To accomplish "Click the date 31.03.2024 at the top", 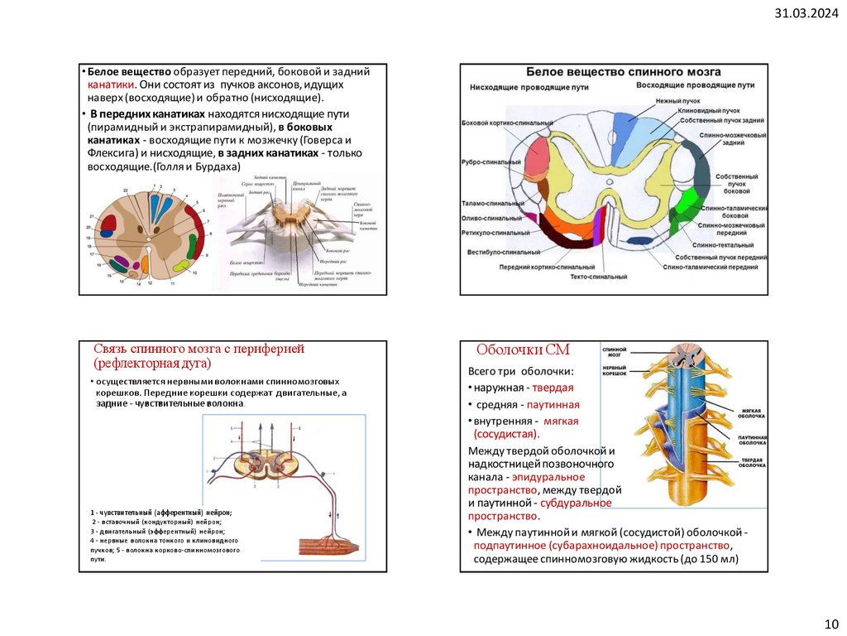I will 806,13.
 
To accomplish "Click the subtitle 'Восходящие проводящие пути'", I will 695,84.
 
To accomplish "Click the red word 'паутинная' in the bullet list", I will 551,404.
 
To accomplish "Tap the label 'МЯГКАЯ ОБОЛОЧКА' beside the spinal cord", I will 752,412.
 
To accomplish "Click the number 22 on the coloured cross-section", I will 126,190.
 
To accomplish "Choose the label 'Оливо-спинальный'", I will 491,218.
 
